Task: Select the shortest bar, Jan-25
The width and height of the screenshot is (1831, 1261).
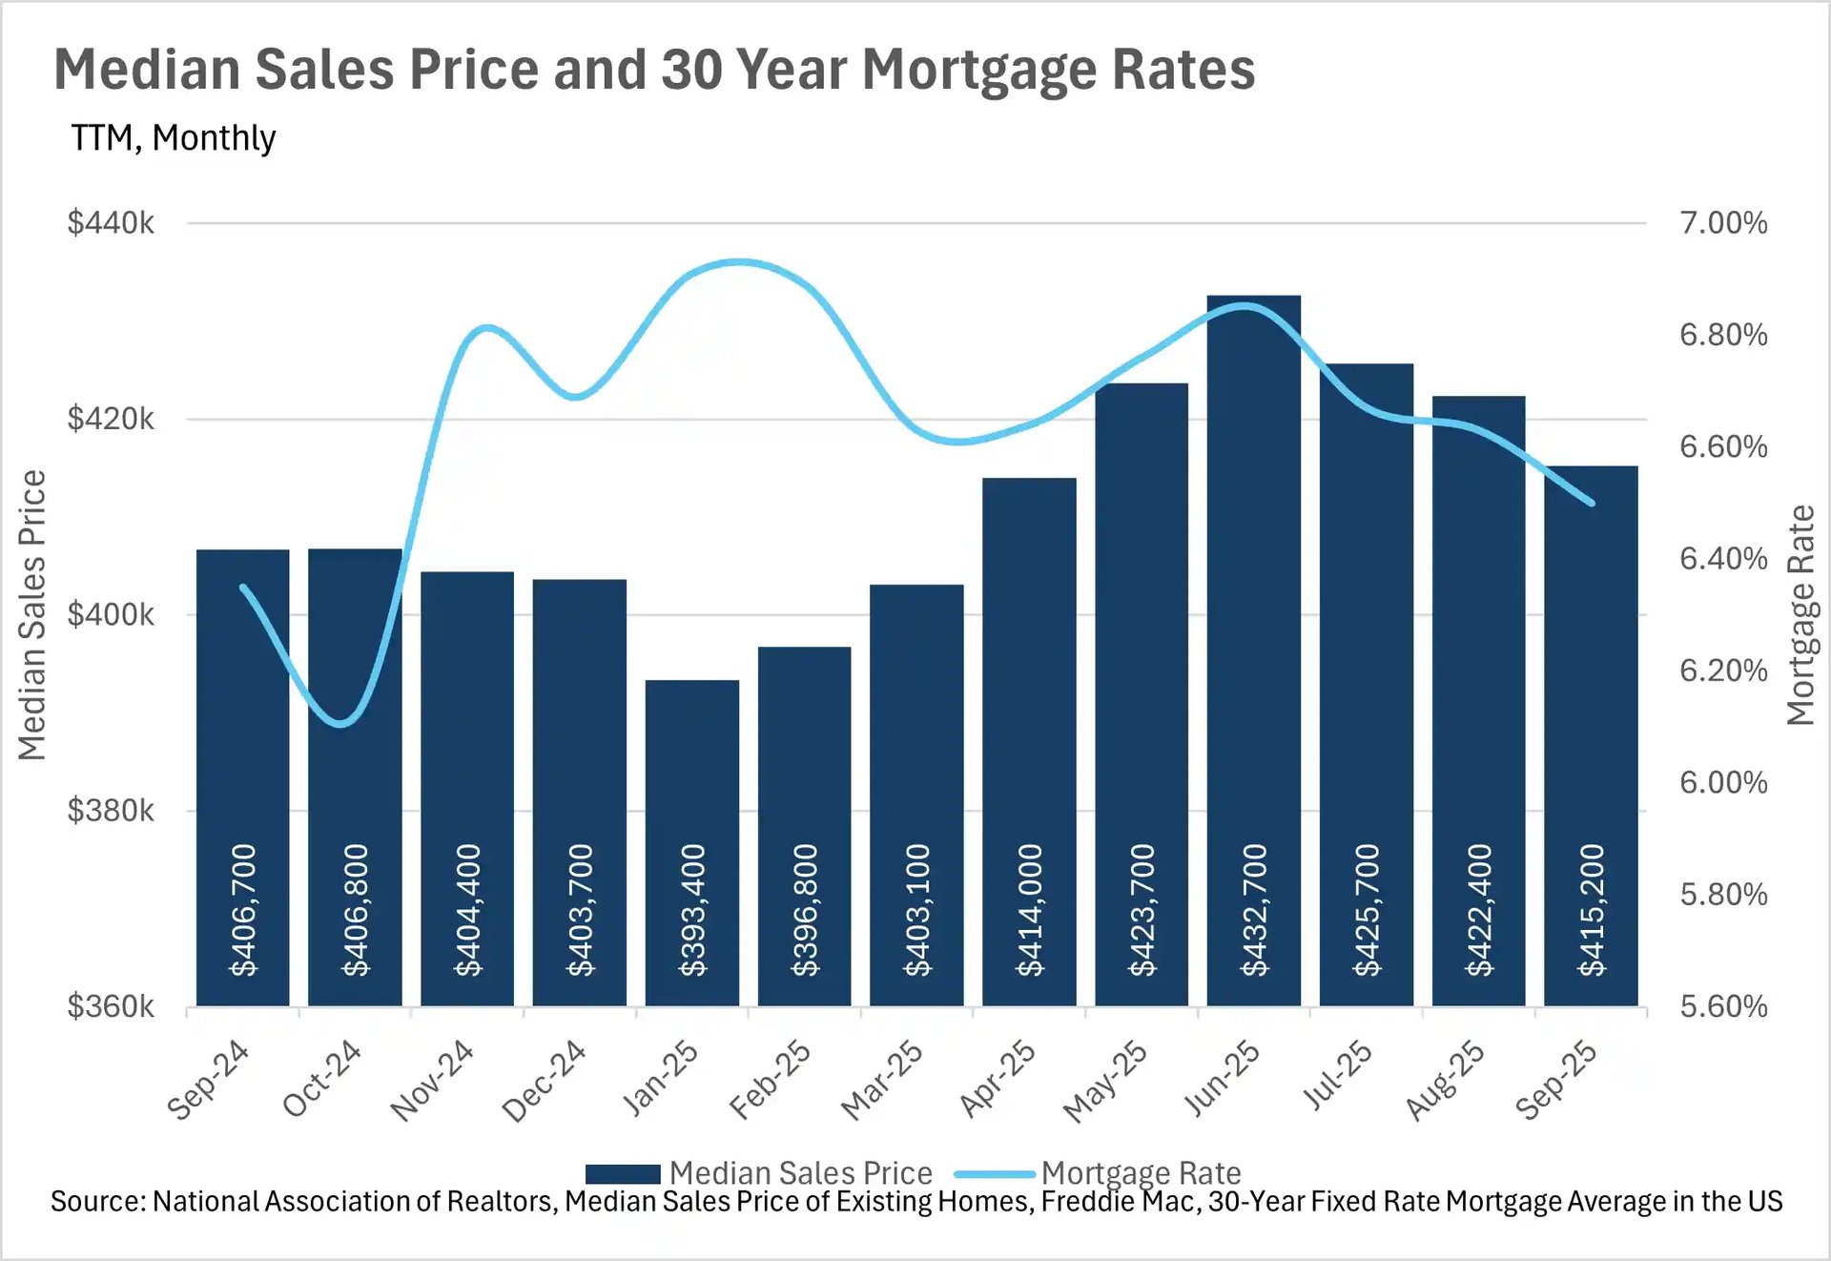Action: pyautogui.click(x=691, y=763)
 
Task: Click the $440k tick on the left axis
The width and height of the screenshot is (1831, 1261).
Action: pyautogui.click(x=111, y=223)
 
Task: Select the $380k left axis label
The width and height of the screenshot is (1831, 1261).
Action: pyautogui.click(x=111, y=811)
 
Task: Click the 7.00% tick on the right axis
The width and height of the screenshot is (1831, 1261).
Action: pyautogui.click(x=1723, y=223)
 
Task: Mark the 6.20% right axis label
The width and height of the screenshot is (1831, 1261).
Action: pyautogui.click(x=1723, y=671)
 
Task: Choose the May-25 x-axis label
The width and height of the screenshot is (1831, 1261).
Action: pyautogui.click(x=1106, y=1081)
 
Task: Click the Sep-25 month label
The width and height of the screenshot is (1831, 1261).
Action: pyautogui.click(x=1556, y=1080)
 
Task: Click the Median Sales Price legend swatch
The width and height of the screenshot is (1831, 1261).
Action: pyautogui.click(x=623, y=1173)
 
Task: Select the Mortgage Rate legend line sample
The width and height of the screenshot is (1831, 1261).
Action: pyautogui.click(x=994, y=1173)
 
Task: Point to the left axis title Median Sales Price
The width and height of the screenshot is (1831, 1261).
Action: pyautogui.click(x=32, y=615)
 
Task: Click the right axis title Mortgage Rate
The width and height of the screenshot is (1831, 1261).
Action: pyautogui.click(x=1800, y=615)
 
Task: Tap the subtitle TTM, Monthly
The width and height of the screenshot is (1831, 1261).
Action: pyautogui.click(x=174, y=138)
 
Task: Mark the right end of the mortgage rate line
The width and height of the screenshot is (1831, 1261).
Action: pyautogui.click(x=1591, y=503)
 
